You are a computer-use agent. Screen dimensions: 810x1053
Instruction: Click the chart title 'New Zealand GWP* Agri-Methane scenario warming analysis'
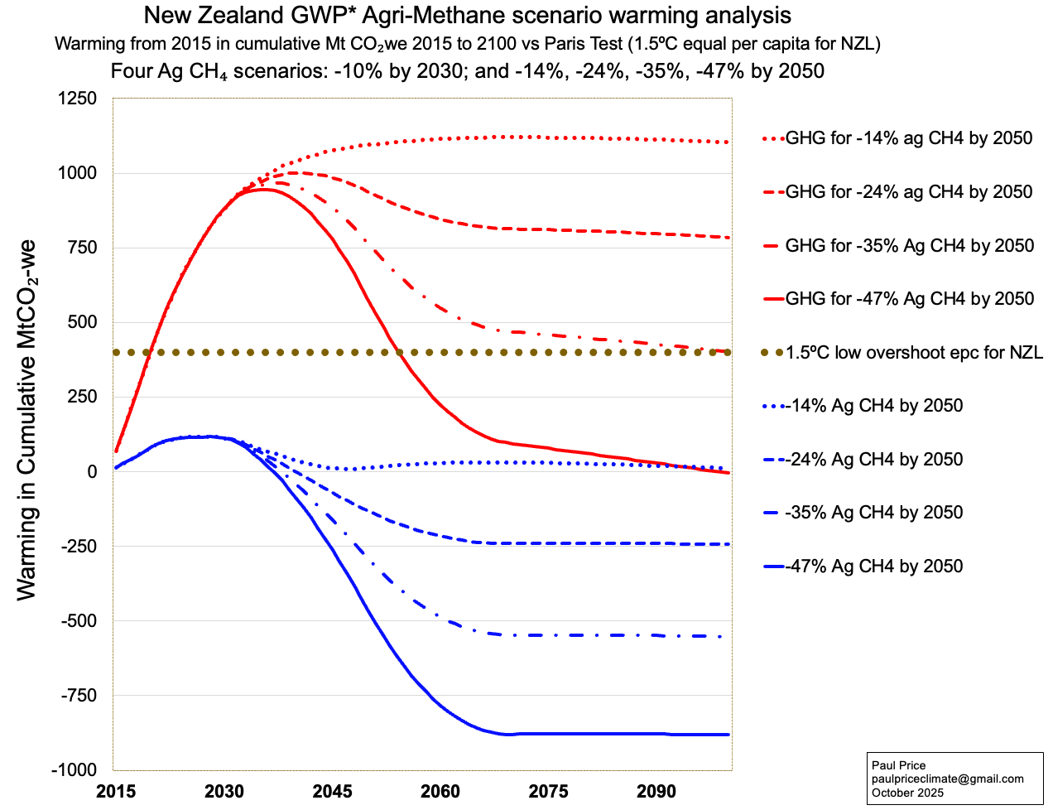[467, 15]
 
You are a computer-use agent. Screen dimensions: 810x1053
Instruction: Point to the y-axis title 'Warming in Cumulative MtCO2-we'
[26, 420]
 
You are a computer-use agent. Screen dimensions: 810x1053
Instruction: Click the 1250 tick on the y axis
[78, 99]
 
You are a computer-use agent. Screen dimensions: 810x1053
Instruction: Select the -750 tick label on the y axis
[78, 696]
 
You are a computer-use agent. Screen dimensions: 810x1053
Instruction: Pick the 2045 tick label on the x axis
[332, 791]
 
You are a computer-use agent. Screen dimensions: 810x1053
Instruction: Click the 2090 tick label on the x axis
[656, 791]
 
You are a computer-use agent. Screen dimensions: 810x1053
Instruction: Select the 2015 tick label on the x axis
[116, 791]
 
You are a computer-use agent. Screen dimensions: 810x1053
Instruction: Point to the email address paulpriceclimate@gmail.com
[947, 779]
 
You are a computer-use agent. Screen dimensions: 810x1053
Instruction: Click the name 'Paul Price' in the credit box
[898, 765]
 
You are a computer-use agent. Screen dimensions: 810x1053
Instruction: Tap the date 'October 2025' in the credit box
[907, 793]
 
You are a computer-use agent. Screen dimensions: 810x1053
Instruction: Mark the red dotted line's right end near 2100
[726, 142]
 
